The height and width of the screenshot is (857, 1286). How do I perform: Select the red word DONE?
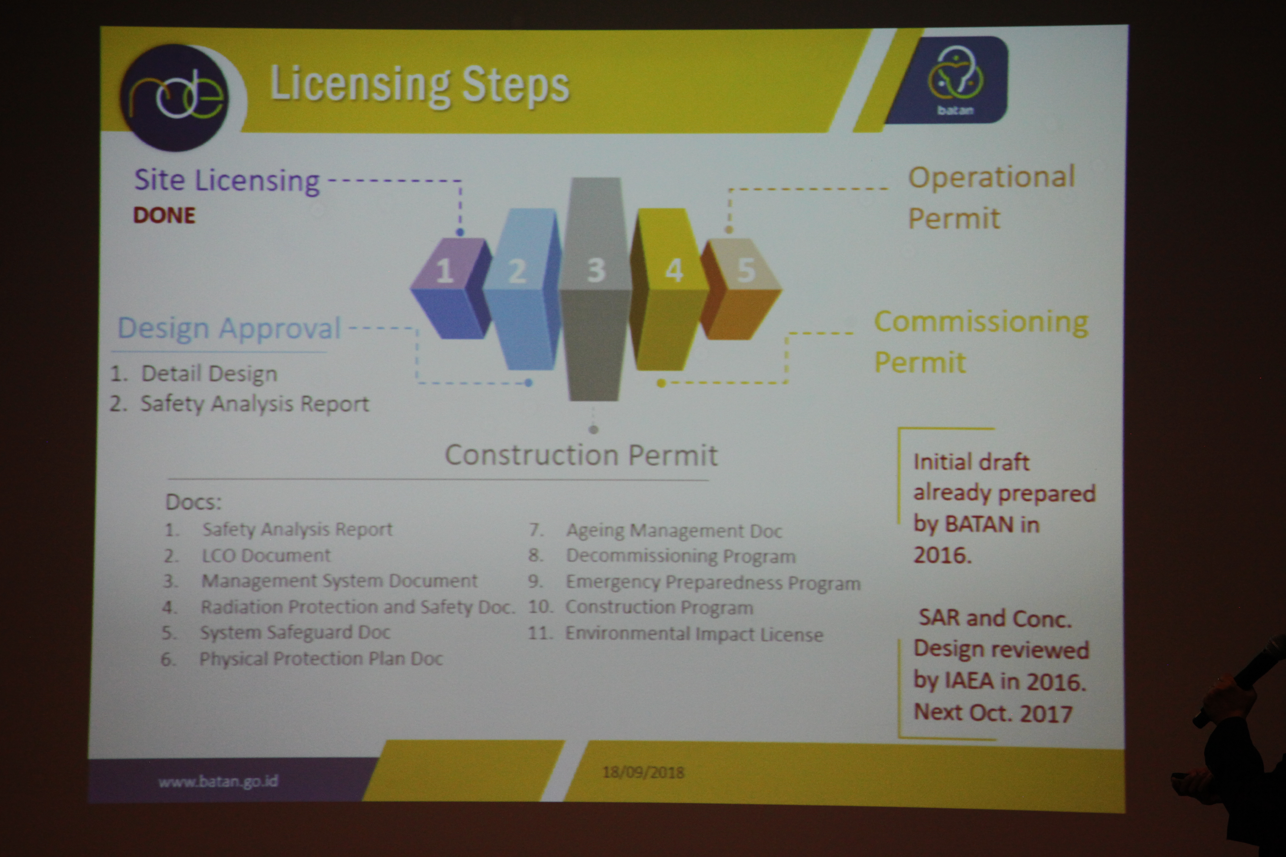click(x=164, y=215)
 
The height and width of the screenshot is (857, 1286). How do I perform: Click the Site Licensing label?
click(x=227, y=181)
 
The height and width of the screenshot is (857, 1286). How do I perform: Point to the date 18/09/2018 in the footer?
click(x=643, y=772)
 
